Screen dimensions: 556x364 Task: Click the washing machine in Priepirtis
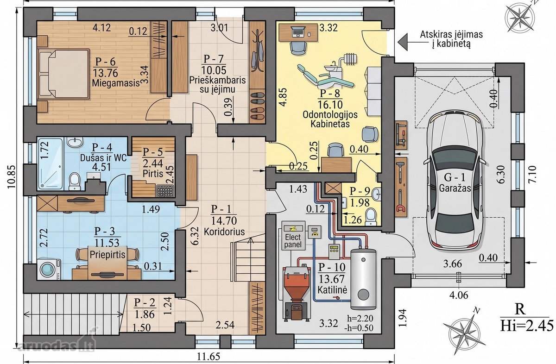pos(49,270)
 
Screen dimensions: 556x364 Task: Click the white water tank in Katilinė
pos(363,279)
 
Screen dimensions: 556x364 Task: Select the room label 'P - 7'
pos(214,59)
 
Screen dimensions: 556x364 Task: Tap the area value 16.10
pos(330,105)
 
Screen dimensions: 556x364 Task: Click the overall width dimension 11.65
pos(208,357)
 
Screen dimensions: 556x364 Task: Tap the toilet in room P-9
pos(371,217)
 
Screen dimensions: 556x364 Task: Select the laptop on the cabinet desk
pos(298,32)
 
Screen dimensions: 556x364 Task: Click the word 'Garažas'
pos(455,188)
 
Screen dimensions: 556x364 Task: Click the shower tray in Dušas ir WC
pos(51,164)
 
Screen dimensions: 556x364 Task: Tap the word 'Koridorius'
pos(224,232)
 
